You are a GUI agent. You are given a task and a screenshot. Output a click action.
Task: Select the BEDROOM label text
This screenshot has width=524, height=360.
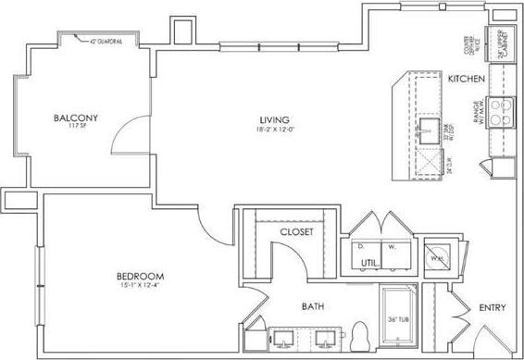point(141,276)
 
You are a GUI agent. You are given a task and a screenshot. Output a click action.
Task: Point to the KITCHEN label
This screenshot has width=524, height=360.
point(467,80)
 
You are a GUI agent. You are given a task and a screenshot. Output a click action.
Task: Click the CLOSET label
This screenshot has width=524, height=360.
point(297,231)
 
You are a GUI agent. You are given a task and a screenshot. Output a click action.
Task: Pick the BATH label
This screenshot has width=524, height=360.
point(314,306)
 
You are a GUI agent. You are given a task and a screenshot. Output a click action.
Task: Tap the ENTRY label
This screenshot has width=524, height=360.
point(492,307)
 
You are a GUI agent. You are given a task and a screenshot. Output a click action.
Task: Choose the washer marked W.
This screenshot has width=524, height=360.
point(393,247)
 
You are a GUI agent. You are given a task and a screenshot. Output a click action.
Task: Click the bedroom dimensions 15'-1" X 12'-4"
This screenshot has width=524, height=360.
point(141,285)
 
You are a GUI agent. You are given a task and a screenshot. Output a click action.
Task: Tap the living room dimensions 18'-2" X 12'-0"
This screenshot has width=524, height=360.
point(275,130)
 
